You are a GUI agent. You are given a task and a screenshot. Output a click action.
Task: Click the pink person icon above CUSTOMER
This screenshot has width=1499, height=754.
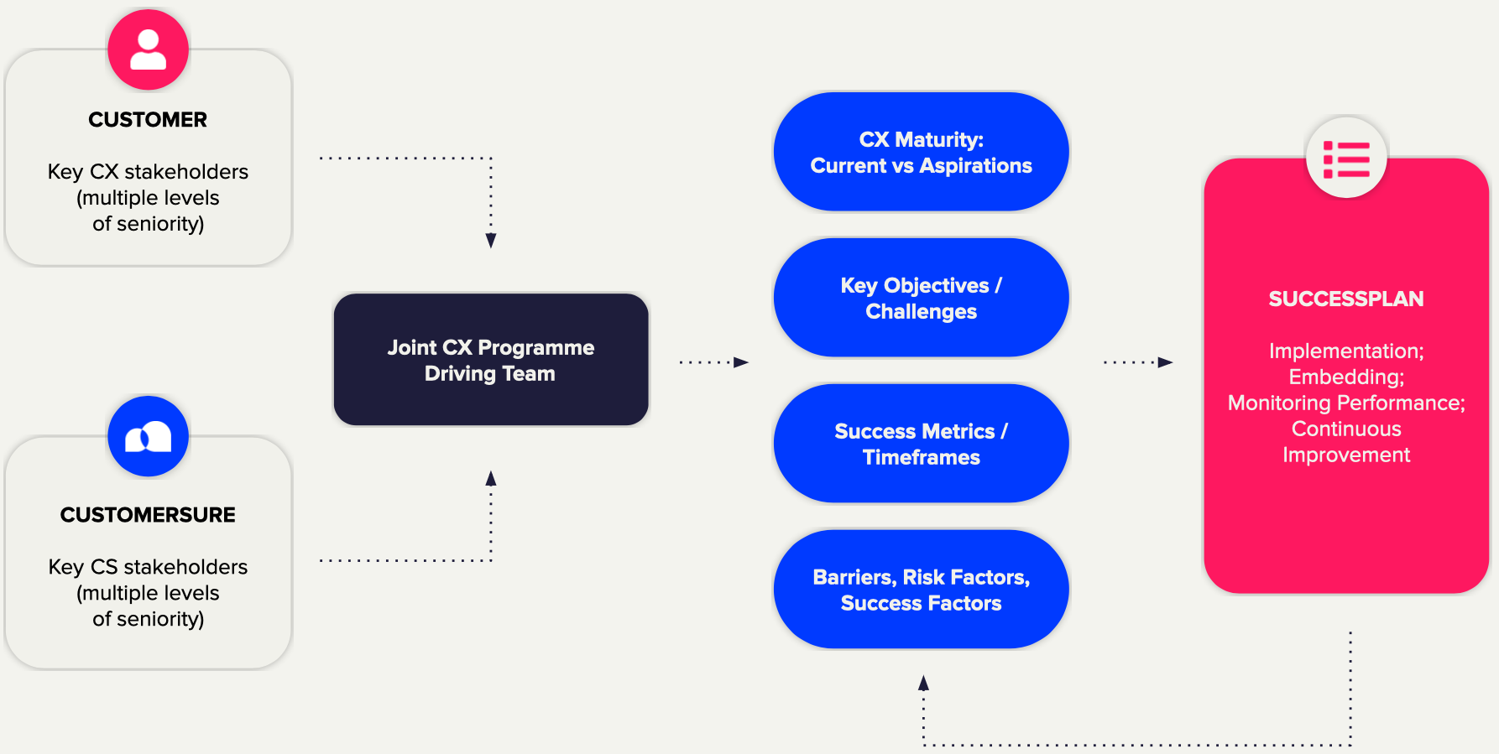point(149,50)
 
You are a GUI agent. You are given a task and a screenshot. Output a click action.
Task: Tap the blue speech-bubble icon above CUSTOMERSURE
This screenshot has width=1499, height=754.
point(149,436)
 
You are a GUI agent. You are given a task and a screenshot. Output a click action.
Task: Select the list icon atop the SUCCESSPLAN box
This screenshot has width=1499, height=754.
point(1346,159)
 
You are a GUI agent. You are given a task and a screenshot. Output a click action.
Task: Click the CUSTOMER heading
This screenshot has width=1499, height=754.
point(148,120)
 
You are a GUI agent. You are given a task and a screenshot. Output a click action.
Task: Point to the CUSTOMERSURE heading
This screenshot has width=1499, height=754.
point(148,515)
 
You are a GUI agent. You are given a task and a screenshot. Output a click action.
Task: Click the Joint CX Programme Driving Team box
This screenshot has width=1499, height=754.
point(491,360)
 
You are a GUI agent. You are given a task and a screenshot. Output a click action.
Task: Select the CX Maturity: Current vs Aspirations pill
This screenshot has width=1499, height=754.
point(921,152)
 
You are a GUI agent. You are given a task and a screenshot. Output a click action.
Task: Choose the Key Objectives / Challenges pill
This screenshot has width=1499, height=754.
point(921,298)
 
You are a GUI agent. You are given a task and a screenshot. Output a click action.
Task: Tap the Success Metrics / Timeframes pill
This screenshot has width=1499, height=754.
point(921,444)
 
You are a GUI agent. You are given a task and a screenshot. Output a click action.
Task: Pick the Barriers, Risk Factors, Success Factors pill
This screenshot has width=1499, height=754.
point(921,590)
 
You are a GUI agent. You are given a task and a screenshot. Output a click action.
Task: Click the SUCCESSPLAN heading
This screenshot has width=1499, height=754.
point(1345,299)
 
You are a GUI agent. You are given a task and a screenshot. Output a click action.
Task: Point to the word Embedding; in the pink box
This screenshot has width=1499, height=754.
point(1346,377)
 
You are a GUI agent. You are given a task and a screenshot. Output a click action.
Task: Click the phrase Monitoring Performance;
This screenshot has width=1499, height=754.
point(1346,403)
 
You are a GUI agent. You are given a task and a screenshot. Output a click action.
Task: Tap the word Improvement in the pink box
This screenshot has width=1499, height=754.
point(1346,455)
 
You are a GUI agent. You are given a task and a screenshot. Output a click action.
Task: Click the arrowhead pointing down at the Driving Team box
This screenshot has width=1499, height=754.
point(491,241)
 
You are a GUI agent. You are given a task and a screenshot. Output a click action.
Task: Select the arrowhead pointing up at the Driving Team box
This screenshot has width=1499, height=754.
point(491,479)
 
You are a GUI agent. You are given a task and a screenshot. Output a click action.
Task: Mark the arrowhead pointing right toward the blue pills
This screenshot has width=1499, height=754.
point(740,362)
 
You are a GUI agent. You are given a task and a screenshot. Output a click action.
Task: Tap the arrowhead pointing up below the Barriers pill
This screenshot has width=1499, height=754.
point(923,683)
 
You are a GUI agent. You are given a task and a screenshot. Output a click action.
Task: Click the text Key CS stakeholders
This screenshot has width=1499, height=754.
point(148,567)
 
